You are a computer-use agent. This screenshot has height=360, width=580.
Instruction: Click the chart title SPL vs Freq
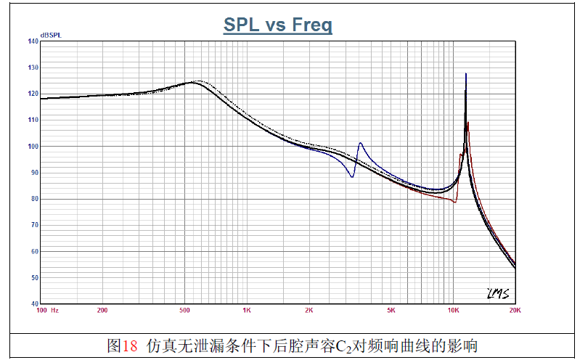pos(277,26)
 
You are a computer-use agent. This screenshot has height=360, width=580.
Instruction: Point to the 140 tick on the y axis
pos(33,41)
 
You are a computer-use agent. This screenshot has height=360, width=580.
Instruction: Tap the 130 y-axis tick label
pos(33,67)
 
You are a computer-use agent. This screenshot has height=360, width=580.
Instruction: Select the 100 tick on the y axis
pos(33,146)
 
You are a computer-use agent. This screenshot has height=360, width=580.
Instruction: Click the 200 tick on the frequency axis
pos(102,310)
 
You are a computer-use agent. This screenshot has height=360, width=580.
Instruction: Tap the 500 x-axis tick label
pos(184,310)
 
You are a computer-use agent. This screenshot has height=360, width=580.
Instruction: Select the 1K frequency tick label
pos(247,310)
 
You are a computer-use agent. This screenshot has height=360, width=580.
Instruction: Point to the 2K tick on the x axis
pos(309,310)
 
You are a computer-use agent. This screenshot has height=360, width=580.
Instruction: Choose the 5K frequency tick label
pos(391,310)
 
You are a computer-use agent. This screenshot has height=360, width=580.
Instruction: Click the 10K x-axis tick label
pos(453,310)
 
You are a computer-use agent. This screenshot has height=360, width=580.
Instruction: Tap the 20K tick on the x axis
pos(515,310)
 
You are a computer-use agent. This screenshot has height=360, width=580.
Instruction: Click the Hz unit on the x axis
pos(54,310)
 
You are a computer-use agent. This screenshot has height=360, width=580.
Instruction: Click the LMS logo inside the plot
pos(497,293)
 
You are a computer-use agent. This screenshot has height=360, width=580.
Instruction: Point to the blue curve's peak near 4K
pos(361,143)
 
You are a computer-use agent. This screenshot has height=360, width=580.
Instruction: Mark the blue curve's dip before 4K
pos(352,176)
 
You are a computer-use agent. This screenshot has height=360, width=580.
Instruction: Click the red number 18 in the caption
pos(130,345)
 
